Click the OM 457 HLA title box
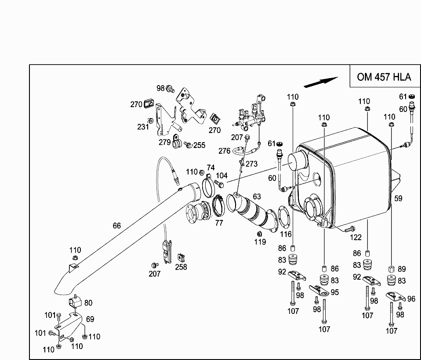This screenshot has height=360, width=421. tap(384, 77)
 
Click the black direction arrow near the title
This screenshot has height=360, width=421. tap(321, 82)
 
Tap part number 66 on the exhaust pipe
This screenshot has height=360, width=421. tap(116, 226)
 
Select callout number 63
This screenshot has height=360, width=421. tap(257, 196)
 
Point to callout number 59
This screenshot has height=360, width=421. tap(398, 198)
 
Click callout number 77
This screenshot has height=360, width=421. tap(219, 223)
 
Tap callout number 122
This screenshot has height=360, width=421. tap(356, 238)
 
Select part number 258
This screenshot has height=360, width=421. tap(181, 266)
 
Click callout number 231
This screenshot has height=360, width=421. tap(143, 127)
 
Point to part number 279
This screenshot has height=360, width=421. tap(165, 142)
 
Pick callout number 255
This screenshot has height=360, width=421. tap(200, 145)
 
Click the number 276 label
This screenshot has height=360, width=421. tap(225, 151)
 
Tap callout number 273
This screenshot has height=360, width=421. tap(251, 164)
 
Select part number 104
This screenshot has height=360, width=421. tap(221, 176)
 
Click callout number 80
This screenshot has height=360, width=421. tap(88, 302)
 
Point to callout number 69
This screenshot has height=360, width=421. tap(90, 319)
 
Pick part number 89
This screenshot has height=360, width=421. tap(401, 269)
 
